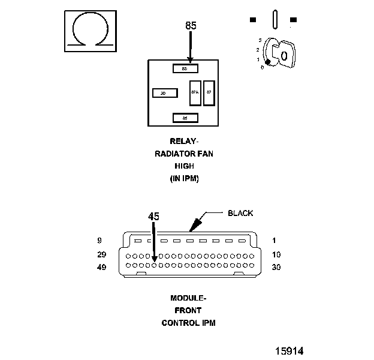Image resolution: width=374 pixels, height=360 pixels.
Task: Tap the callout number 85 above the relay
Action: pos(191,26)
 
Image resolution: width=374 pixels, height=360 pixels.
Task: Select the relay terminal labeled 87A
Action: pos(195,92)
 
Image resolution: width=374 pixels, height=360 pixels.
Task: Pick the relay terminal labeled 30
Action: pos(164,93)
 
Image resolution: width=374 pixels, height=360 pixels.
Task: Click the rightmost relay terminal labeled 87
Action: pos(209,92)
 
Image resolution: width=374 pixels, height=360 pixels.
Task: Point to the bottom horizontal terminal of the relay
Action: pos(185,118)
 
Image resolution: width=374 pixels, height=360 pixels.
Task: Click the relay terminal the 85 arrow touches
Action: pos(185,68)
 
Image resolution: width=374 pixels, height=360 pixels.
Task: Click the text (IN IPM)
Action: pos(184,179)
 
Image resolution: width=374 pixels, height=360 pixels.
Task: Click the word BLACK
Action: pos(240,213)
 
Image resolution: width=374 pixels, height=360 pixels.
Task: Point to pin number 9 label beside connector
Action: pos(99,241)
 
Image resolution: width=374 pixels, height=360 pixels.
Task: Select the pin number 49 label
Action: pos(101,267)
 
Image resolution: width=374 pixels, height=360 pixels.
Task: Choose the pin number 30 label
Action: pos(276,267)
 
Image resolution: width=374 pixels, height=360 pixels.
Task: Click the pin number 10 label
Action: pos(276,254)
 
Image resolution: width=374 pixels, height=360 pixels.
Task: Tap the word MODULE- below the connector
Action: pos(188,298)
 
